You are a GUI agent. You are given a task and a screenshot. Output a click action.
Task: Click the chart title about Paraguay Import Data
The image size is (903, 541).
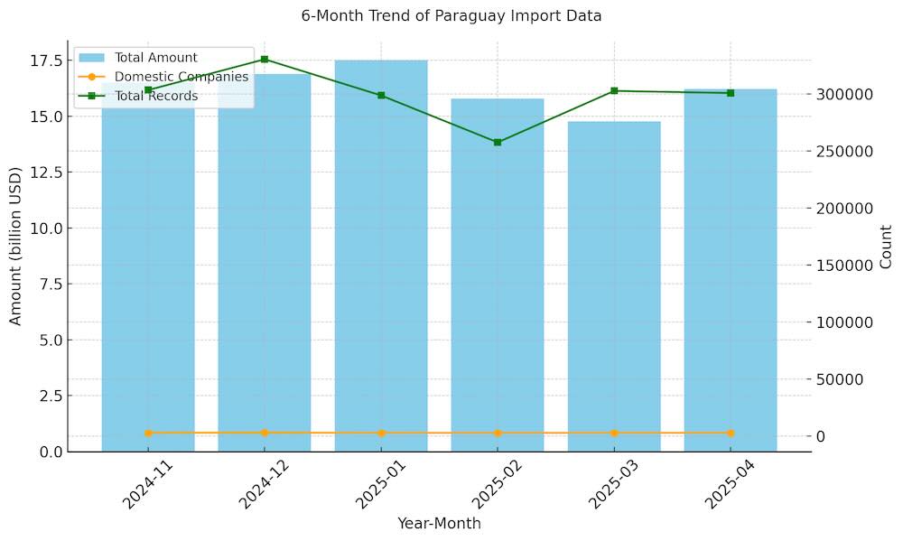(451, 16)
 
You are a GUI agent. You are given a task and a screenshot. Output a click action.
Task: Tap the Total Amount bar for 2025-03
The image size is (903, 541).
(614, 289)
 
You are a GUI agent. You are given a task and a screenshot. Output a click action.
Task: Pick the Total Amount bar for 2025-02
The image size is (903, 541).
(498, 280)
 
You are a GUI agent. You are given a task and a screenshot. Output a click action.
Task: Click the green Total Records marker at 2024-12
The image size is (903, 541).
(265, 60)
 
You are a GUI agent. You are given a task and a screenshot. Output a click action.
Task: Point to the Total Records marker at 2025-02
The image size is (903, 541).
(498, 142)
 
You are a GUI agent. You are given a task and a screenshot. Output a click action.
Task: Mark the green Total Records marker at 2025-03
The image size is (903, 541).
(614, 90)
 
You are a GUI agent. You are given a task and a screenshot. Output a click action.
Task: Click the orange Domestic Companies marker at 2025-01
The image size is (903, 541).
(381, 434)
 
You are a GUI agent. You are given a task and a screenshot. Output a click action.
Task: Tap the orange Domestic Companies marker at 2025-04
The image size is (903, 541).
(731, 434)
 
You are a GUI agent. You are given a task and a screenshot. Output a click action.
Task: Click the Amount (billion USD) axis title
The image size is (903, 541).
(15, 246)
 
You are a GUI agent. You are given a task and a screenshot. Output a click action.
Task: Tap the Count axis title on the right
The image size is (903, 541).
(886, 247)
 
